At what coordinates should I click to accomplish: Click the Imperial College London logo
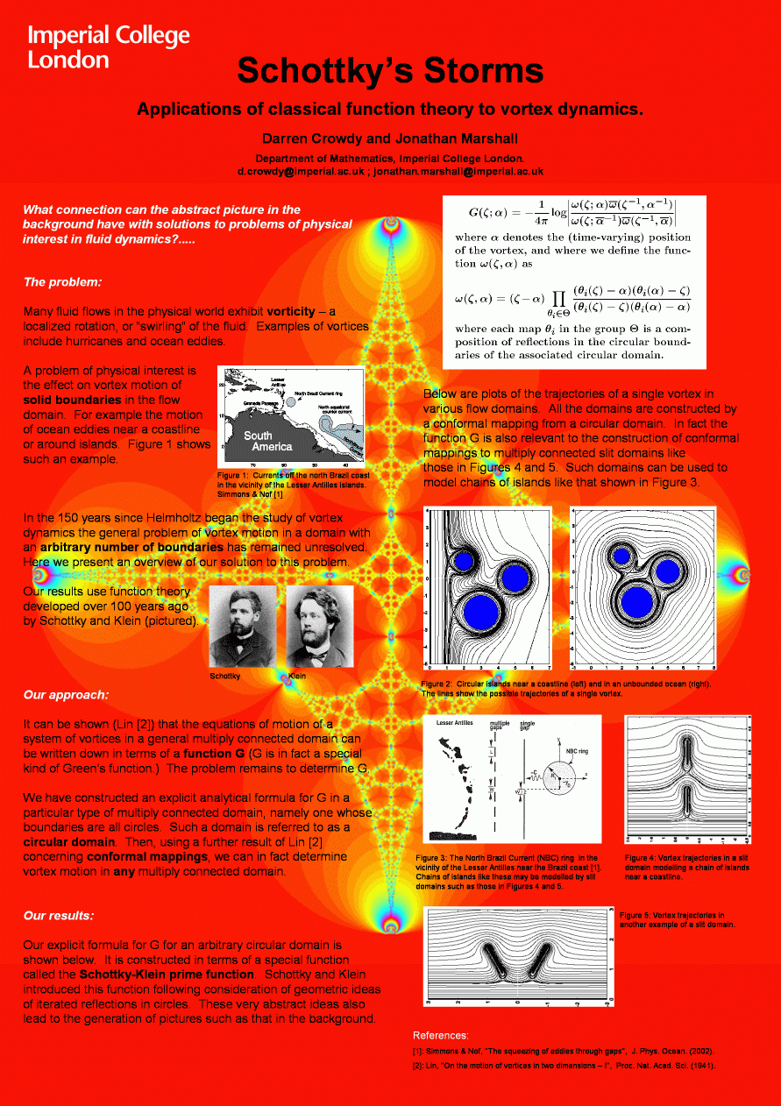coord(108,47)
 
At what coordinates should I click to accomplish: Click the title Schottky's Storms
coord(390,71)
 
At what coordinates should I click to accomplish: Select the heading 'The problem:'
coord(62,282)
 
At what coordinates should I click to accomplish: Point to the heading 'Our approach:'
coord(66,695)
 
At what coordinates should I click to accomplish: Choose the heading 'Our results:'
coord(59,916)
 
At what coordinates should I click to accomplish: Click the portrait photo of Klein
coord(319,626)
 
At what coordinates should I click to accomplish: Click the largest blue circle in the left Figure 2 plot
coord(481,610)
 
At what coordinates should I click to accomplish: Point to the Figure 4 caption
coord(686,868)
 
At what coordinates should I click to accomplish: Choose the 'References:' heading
coord(440,1035)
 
